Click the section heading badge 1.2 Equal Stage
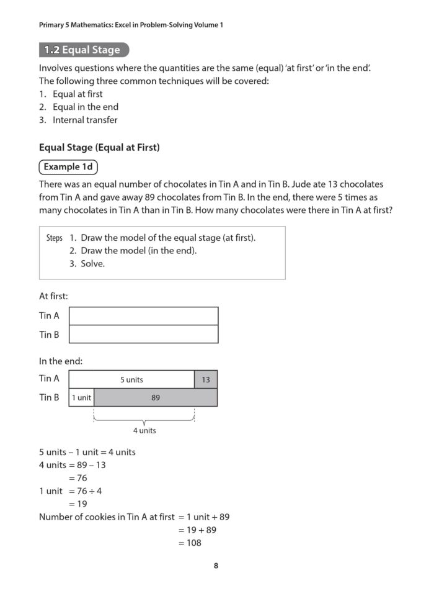tap(84, 50)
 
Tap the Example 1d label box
tap(68, 167)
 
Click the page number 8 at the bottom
tap(216, 566)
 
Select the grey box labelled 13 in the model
tap(206, 379)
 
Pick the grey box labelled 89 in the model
tap(156, 397)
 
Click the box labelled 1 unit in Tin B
tap(81, 397)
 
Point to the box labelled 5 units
tap(131, 379)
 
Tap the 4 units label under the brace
tap(144, 430)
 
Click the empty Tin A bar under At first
tap(143, 316)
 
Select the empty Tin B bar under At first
tap(143, 334)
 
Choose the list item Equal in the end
tap(85, 107)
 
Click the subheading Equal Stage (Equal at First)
tap(99, 148)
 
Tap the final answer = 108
tap(190, 543)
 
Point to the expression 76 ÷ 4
tap(89, 491)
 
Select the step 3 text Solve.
tap(92, 264)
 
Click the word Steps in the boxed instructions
tap(55, 238)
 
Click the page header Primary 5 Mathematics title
tap(131, 25)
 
